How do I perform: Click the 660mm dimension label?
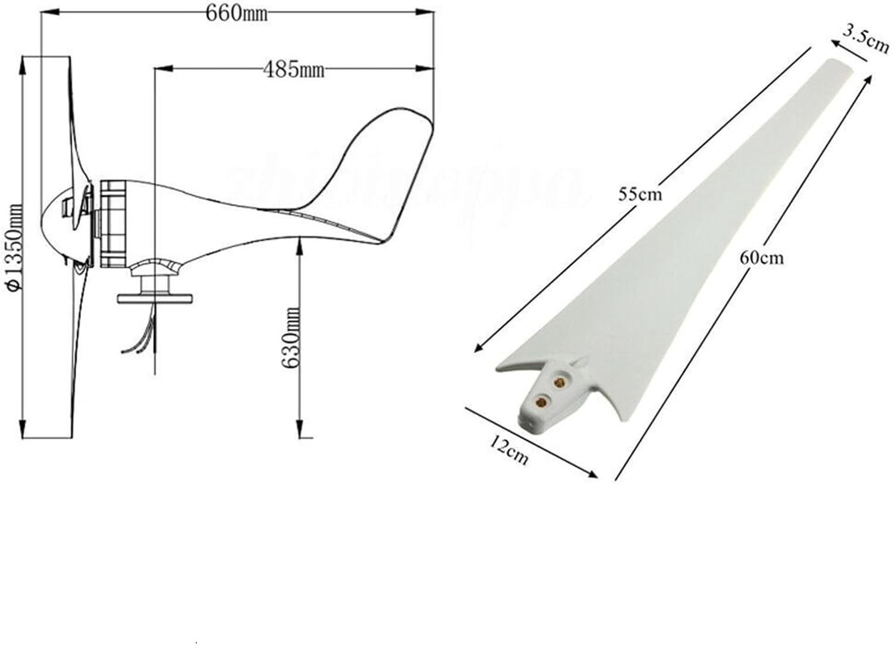pyautogui.click(x=236, y=12)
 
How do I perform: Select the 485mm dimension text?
pyautogui.click(x=294, y=70)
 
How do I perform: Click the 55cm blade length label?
pyautogui.click(x=640, y=194)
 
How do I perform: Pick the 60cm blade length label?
pyautogui.click(x=761, y=257)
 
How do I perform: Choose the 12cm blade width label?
pyautogui.click(x=509, y=449)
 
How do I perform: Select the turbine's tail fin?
pyautogui.click(x=381, y=172)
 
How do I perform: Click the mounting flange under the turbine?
pyautogui.click(x=156, y=297)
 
